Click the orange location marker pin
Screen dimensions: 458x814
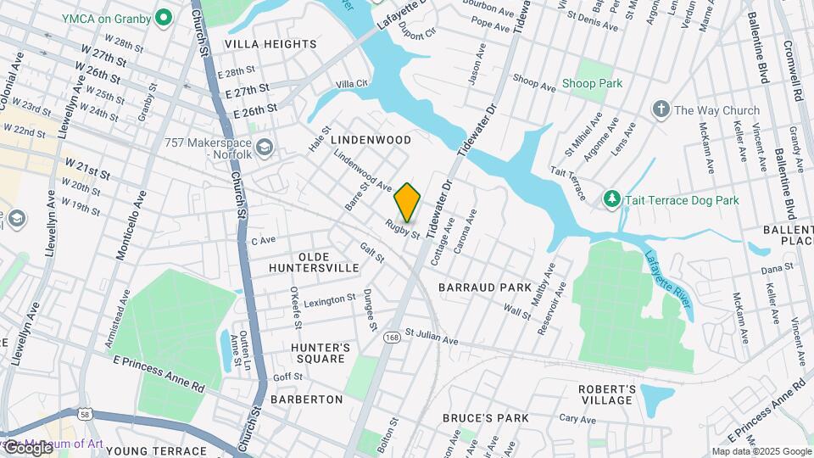408,202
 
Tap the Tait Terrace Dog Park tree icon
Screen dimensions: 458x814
611,199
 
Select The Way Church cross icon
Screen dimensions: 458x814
661,109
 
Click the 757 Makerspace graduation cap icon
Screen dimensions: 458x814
265,149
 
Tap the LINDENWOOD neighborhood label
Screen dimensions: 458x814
371,139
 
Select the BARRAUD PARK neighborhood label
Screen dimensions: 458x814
484,288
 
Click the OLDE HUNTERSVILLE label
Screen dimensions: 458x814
314,261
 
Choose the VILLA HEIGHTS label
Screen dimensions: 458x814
270,43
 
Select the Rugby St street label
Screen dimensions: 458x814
403,229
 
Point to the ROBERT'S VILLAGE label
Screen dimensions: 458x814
606,394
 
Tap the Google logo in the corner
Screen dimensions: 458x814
28,447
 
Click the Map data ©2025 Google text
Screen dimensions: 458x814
761,451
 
